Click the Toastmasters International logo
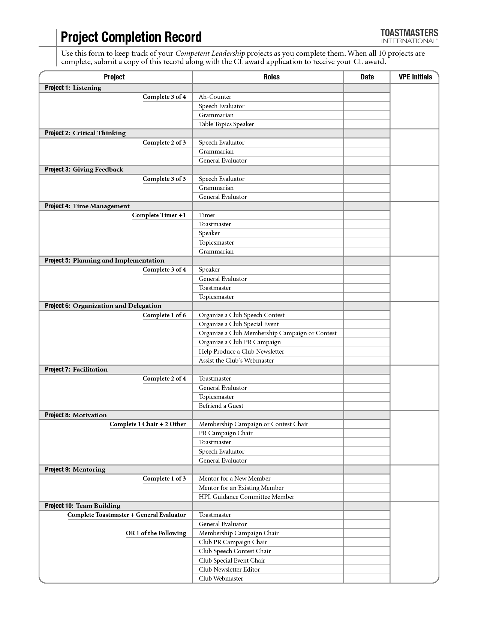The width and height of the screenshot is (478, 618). click(409, 36)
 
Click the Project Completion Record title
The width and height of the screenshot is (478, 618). click(131, 37)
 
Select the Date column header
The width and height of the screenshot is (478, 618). click(367, 77)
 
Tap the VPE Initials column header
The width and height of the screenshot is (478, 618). click(414, 77)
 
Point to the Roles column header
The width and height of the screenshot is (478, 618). click(271, 77)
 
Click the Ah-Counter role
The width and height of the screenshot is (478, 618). click(215, 97)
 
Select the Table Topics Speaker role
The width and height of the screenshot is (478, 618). click(226, 124)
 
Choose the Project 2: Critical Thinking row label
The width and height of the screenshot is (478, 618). click(85, 133)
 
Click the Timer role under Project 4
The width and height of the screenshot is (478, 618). click(207, 215)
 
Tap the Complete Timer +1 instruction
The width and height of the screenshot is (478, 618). click(159, 215)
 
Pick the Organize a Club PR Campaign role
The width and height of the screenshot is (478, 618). click(240, 342)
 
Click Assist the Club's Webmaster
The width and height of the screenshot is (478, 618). click(236, 361)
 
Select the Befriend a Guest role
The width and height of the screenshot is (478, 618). click(221, 406)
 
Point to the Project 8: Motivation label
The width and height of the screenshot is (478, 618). click(76, 415)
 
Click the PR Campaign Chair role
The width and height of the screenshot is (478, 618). click(225, 433)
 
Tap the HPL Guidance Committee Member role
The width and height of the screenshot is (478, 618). click(246, 497)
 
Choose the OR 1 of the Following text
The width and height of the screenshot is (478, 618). click(156, 533)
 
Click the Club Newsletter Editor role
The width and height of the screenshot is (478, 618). click(229, 570)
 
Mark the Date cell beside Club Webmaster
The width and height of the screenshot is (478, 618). click(367, 579)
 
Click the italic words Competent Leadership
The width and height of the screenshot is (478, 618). click(210, 54)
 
